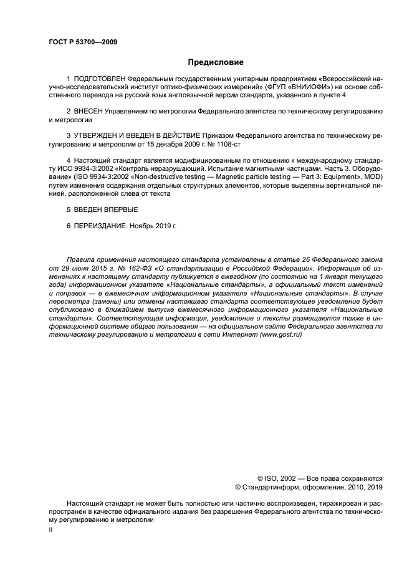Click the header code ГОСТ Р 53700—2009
(x=82, y=42)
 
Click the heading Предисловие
(x=216, y=62)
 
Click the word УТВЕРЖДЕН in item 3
(x=97, y=135)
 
